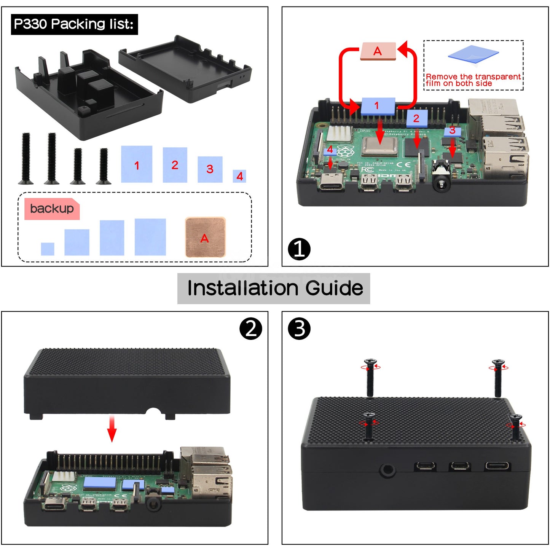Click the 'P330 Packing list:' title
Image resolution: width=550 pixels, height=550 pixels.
coord(74,24)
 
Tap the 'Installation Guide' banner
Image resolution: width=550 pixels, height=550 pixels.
coord(274,288)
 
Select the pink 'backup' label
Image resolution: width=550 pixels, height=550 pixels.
coord(52,209)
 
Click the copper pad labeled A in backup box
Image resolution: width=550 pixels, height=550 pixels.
coord(205,237)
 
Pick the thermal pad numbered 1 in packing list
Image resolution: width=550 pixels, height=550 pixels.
coord(137,164)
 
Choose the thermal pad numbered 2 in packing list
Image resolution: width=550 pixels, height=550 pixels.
coord(175,165)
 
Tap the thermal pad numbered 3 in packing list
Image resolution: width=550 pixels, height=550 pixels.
coord(210,169)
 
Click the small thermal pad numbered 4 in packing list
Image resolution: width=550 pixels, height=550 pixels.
coord(239,176)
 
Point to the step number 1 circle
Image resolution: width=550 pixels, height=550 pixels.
coord(299,249)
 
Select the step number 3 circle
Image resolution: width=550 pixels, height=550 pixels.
coord(299,329)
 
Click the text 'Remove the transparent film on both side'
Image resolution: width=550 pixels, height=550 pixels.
coord(473,80)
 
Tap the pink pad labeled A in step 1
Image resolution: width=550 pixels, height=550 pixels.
coord(378,51)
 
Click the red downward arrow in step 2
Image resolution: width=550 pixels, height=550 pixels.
coord(112,429)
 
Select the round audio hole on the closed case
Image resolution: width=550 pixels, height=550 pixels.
coord(387,470)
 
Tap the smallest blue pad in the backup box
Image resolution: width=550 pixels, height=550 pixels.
coord(48,249)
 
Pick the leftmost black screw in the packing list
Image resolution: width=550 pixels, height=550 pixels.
coord(26,158)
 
